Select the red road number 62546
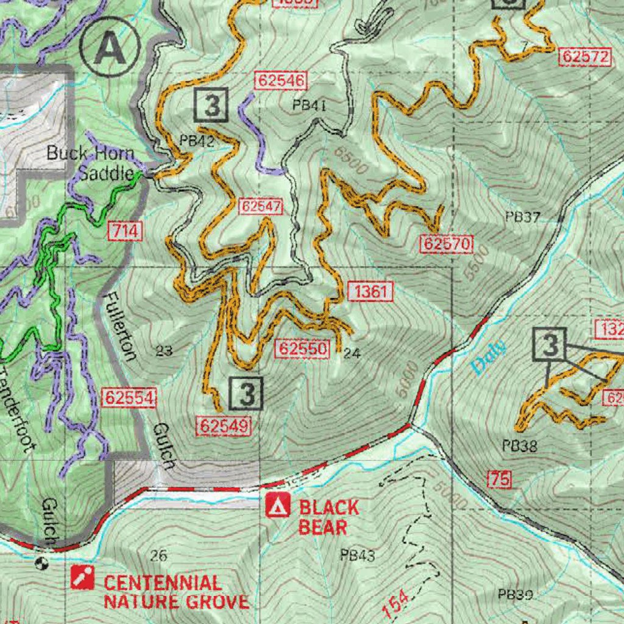point(282,80)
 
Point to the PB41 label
point(310,105)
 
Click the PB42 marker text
point(197,141)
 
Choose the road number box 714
point(126,231)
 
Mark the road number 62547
point(261,207)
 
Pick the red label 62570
point(446,245)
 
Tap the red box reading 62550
point(303,349)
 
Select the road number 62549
point(224,427)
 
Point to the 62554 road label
point(130,398)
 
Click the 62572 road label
point(585,57)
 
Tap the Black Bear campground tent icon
point(278,506)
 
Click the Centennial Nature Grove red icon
point(82,577)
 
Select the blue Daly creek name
point(489,357)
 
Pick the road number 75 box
point(499,479)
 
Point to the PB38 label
point(520,446)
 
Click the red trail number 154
point(397,603)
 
